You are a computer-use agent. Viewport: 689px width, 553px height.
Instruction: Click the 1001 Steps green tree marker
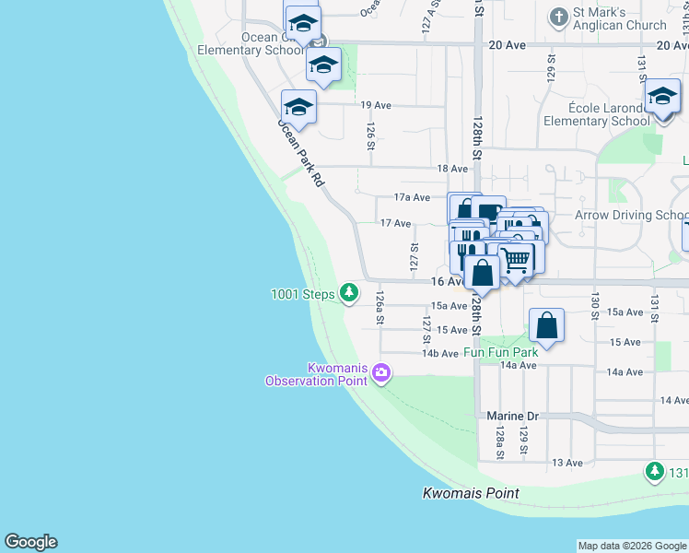click(348, 293)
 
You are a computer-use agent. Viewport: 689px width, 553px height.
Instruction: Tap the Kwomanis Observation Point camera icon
click(381, 373)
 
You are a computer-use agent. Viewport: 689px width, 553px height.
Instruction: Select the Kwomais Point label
click(471, 493)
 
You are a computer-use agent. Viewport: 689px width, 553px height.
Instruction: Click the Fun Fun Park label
click(500, 352)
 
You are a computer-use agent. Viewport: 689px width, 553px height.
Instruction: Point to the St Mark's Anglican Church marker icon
click(557, 18)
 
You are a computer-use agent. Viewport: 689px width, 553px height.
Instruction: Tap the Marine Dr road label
click(512, 417)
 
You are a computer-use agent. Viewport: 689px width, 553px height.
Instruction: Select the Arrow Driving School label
click(632, 215)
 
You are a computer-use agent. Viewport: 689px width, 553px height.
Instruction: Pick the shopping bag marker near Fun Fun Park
click(547, 325)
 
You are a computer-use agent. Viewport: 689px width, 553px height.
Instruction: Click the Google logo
click(30, 542)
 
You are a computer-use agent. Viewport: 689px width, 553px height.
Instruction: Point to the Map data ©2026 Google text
click(632, 546)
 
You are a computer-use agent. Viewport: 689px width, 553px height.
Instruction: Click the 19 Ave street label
click(376, 106)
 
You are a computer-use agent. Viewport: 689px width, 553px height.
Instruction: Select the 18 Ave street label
click(452, 169)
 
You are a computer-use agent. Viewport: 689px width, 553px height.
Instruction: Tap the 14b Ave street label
click(440, 354)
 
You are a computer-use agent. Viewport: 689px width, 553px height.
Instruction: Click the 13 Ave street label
click(567, 463)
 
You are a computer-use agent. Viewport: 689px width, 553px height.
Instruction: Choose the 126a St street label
click(380, 307)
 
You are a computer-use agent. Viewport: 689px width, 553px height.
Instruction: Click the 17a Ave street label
click(412, 197)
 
